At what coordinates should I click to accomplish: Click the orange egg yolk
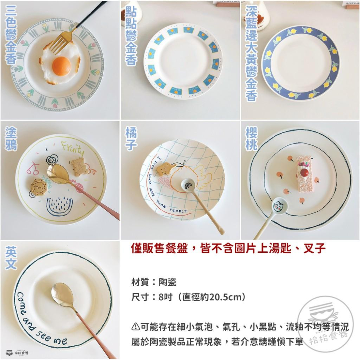coord(61,66)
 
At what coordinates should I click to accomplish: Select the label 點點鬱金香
coord(131,36)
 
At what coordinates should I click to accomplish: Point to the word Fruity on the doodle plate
coord(72,148)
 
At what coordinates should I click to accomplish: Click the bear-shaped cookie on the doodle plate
coord(80,167)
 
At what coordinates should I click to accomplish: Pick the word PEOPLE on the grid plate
coord(178,211)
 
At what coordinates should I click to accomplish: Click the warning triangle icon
coord(135,327)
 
